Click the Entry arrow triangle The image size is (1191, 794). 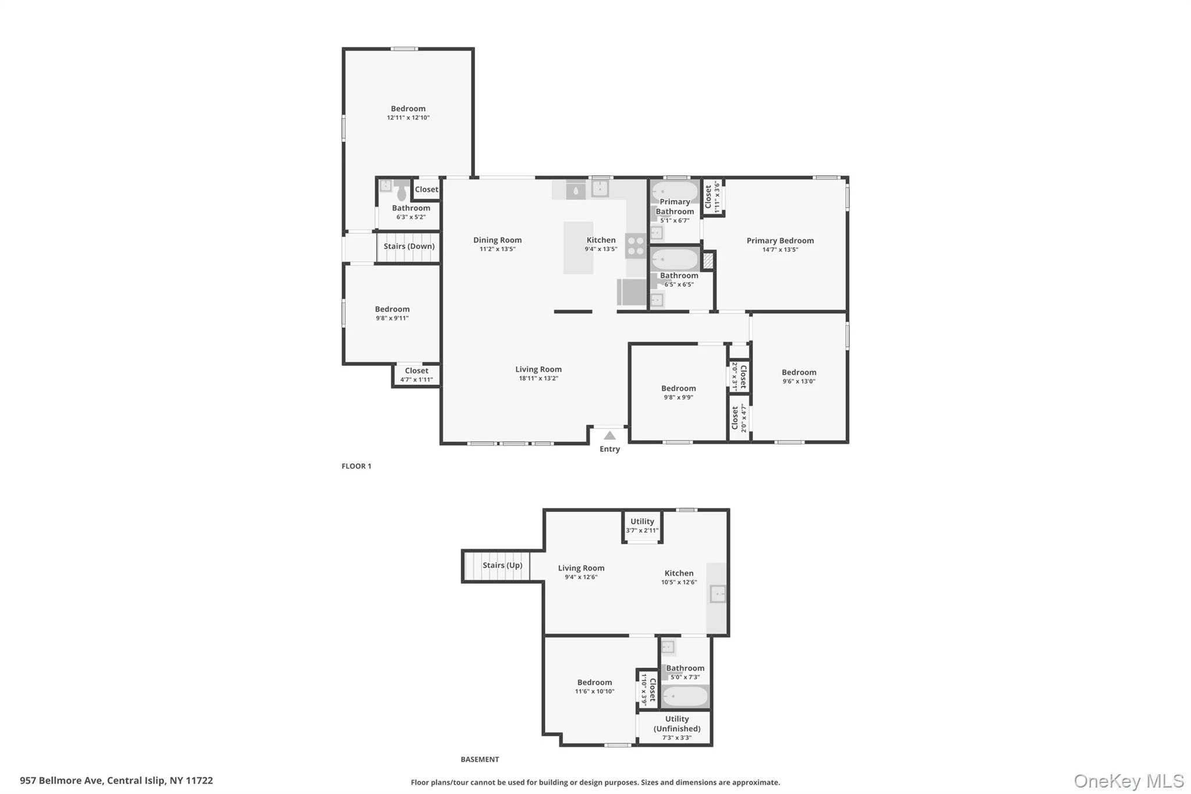(609, 435)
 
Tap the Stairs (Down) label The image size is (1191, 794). (409, 246)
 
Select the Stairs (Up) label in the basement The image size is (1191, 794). (502, 565)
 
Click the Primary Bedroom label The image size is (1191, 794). (780, 240)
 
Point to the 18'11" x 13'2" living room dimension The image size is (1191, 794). (539, 379)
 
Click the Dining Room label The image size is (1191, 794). (497, 240)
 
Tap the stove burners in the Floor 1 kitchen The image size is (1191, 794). (635, 245)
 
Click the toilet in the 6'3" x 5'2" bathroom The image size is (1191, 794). (401, 190)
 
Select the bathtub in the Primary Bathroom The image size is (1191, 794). (675, 191)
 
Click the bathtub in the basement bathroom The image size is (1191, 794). (685, 696)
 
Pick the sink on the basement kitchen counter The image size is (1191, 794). (718, 594)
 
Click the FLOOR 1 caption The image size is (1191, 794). (356, 466)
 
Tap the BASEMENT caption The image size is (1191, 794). (480, 759)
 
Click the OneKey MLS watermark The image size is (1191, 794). (1129, 781)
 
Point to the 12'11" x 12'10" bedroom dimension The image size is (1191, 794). (408, 118)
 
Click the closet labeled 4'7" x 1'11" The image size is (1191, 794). (416, 375)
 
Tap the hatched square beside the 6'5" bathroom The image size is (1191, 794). (708, 261)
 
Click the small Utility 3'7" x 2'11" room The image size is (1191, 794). (642, 526)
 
